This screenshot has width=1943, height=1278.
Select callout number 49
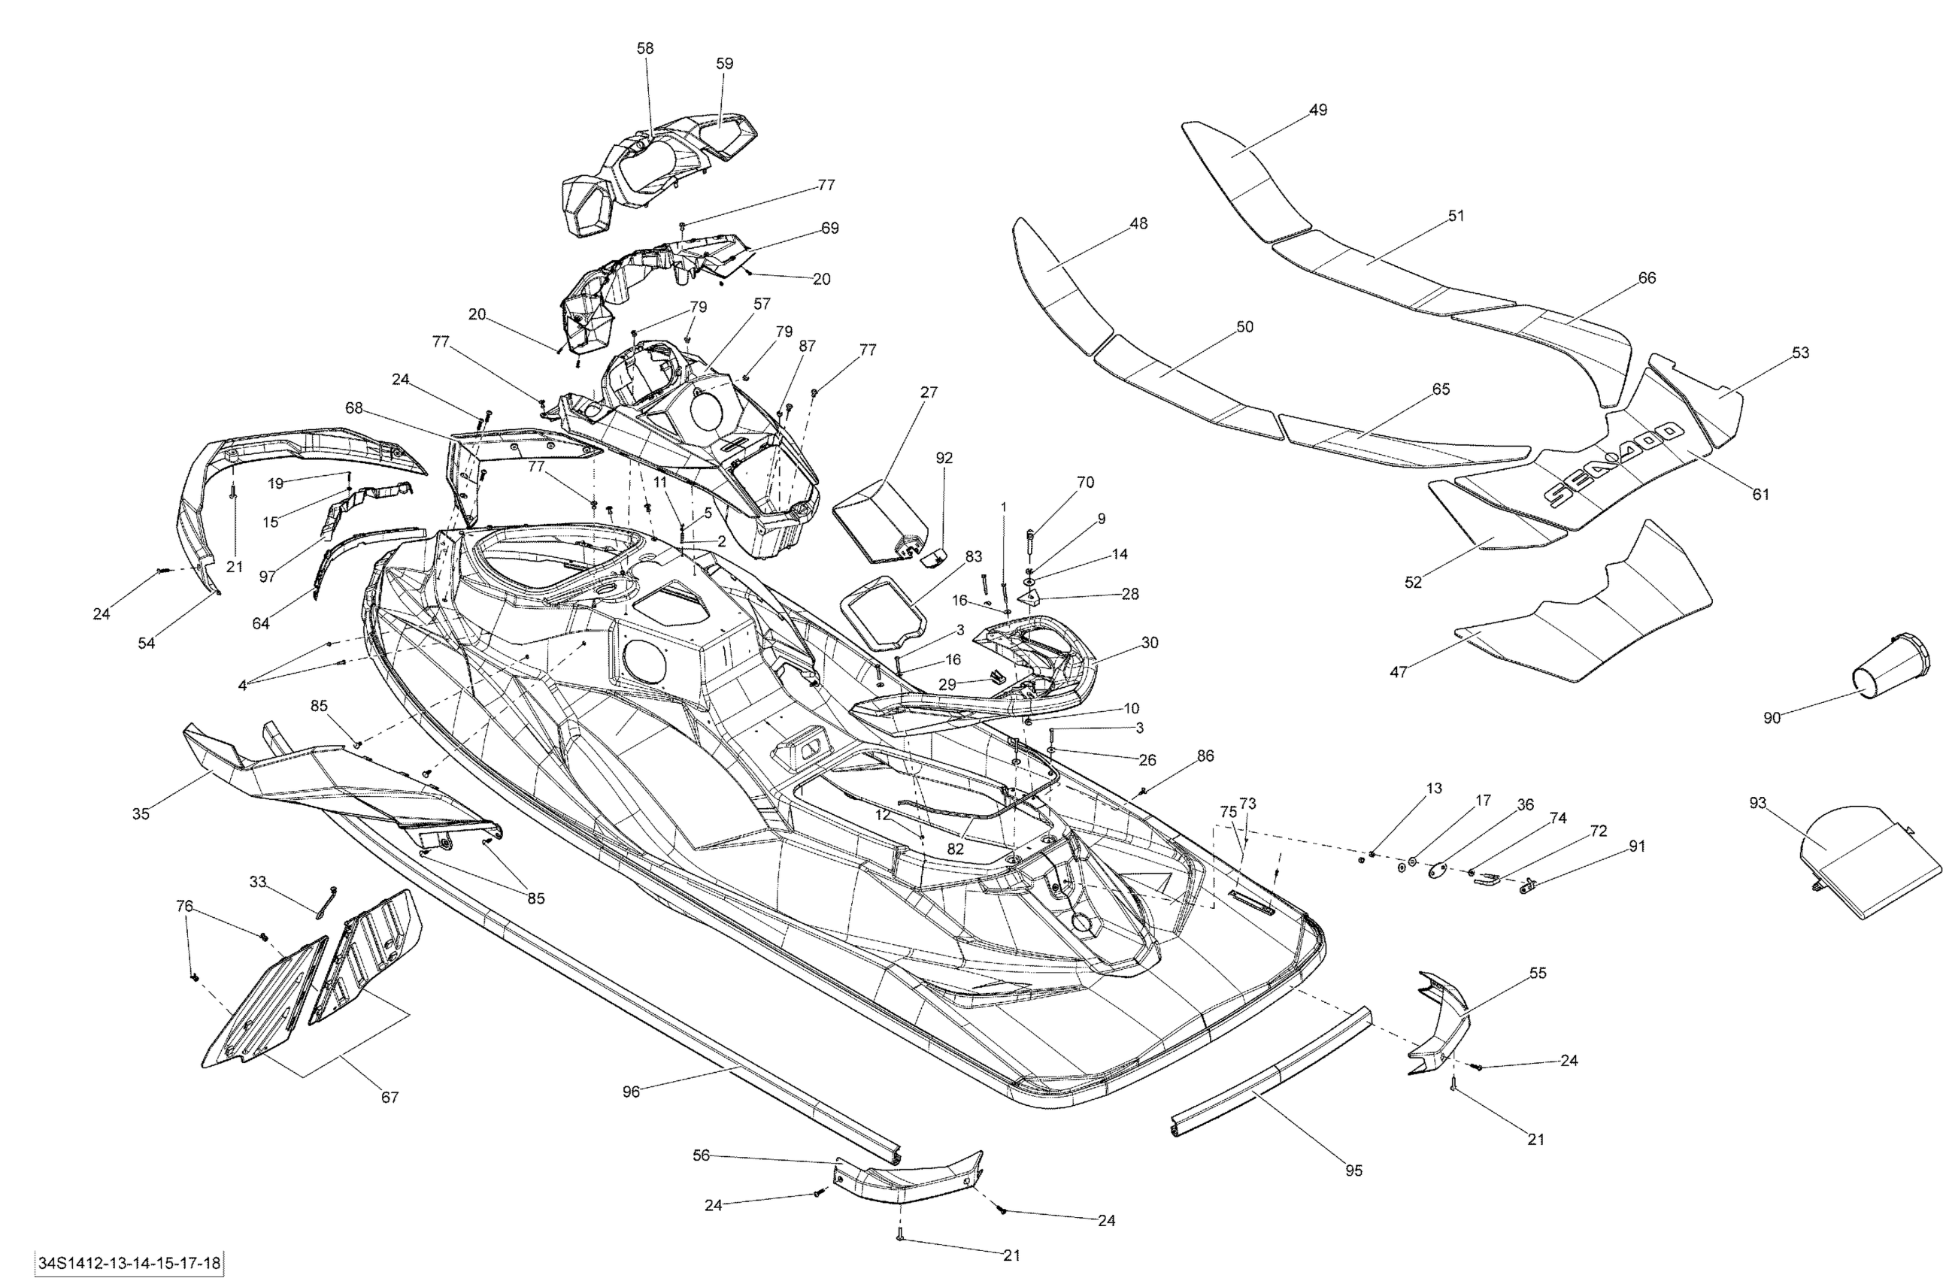coord(1317,109)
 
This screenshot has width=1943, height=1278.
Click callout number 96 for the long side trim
coord(631,1091)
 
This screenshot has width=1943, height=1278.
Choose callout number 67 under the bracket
coord(390,1097)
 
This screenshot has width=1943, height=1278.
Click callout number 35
coord(141,813)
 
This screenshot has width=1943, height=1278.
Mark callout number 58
coord(645,48)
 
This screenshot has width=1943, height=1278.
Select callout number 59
coord(724,64)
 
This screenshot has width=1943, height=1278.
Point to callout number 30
coord(1150,642)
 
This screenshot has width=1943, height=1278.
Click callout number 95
coord(1353,1170)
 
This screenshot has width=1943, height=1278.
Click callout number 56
coord(702,1155)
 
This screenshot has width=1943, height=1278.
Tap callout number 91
coord(1637,846)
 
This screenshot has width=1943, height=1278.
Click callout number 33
coord(258,881)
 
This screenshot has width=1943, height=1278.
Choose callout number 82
coord(955,849)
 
